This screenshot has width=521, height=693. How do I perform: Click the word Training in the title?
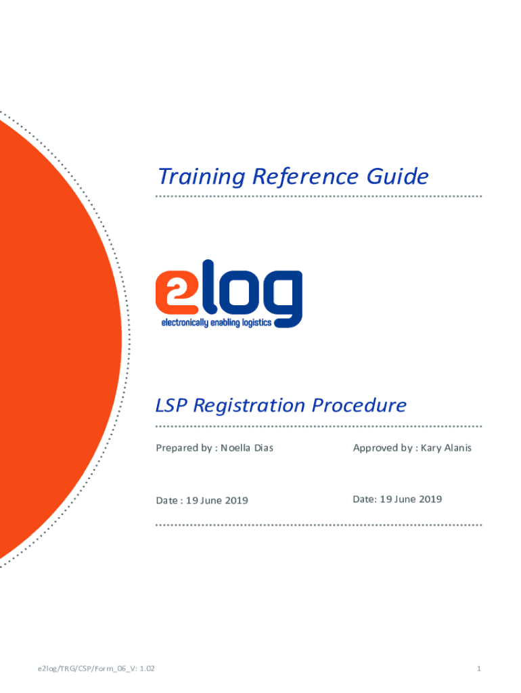[x=202, y=177]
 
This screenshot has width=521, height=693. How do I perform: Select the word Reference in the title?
[x=305, y=177]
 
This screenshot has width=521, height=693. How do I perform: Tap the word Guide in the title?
[x=397, y=177]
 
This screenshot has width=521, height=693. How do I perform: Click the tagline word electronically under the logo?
[x=185, y=323]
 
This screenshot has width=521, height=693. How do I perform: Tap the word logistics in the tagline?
[x=256, y=323]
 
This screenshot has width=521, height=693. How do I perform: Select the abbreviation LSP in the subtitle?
[x=171, y=405]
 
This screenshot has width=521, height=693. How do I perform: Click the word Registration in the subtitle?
[x=249, y=405]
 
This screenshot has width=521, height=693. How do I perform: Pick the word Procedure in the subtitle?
[x=359, y=405]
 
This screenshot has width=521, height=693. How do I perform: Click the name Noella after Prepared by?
[x=235, y=448]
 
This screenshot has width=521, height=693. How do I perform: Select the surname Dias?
[x=264, y=448]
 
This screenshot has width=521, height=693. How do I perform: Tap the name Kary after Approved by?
[x=431, y=448]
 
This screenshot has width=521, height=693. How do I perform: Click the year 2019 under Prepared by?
[x=236, y=500]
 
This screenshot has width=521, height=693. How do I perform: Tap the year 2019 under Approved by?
[x=430, y=499]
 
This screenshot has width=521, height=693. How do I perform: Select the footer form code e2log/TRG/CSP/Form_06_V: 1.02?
[x=96, y=668]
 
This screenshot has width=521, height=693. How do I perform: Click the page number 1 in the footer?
[x=478, y=668]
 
